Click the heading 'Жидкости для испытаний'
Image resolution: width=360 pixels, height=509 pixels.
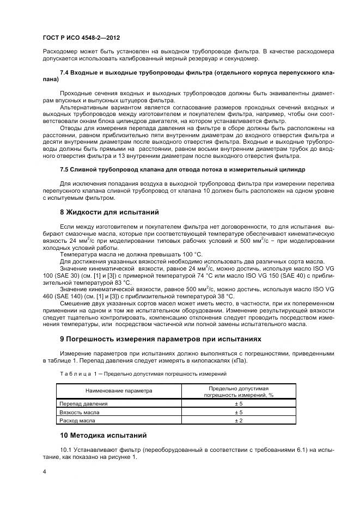(111, 212)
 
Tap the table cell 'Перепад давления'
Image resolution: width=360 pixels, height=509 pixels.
(83, 404)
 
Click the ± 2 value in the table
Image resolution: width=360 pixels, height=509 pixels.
(238, 421)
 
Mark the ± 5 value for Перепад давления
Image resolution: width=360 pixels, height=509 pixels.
(238, 404)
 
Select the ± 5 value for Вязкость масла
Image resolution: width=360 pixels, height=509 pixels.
(238, 413)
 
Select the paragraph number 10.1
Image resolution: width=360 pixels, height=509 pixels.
(66, 450)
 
